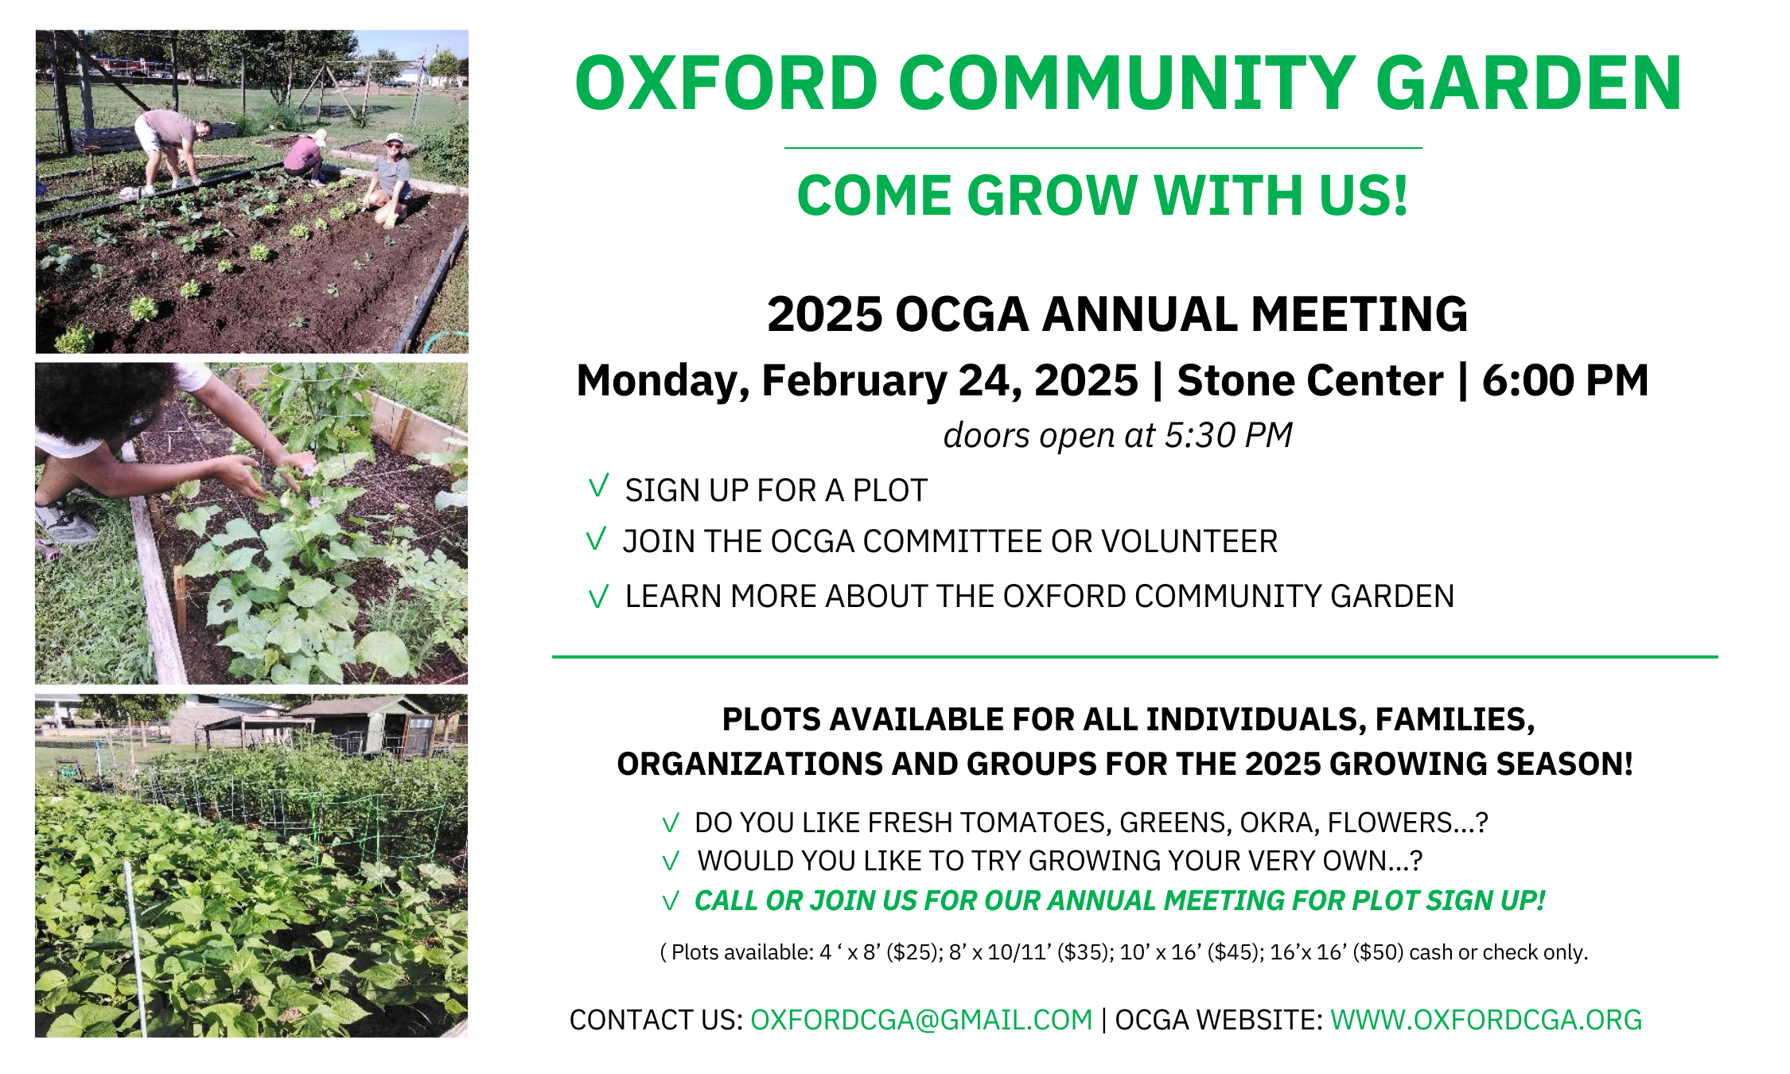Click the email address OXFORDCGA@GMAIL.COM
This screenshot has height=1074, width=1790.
coord(921,1020)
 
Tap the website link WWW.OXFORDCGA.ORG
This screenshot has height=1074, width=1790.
coord(1486,1020)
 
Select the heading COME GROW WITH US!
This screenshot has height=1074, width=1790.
coord(1103,196)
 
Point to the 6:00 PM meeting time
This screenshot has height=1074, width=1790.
coord(1565,380)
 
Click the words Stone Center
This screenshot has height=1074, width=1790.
coord(1310,380)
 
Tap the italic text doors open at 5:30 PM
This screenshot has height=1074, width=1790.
coord(1118,435)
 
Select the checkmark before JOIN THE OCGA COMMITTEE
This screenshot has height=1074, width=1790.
coord(596,539)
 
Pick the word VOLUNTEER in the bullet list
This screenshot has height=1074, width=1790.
coord(1189,542)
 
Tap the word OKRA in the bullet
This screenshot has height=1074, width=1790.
coord(1276,823)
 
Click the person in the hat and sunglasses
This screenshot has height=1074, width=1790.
coord(389,180)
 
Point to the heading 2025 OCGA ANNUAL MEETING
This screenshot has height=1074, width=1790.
coord(1118,314)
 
